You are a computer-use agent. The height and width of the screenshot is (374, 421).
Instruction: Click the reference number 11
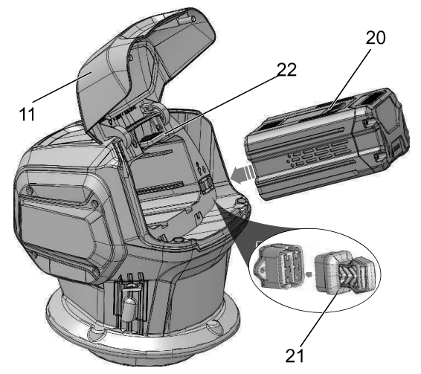click(27, 114)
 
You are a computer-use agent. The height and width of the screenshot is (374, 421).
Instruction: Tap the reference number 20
click(376, 38)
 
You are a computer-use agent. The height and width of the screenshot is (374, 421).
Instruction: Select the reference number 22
click(286, 70)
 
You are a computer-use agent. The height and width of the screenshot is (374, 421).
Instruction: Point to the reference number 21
click(295, 356)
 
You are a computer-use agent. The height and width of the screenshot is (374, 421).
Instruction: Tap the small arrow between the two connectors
click(309, 274)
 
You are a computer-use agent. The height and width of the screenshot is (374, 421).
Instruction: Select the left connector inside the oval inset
click(278, 266)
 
